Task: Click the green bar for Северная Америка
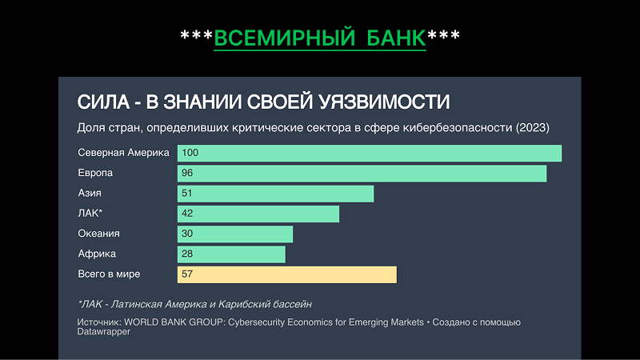pos(369,153)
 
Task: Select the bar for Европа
pos(362,173)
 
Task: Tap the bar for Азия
pos(275,194)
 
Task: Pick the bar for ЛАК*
pos(258,214)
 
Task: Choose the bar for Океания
pos(234,234)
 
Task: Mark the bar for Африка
pos(231,254)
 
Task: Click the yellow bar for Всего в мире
pos(286,274)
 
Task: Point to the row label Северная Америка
pos(123,153)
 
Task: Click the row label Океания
pos(98,234)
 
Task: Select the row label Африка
pos(97,254)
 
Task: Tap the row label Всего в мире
pos(109,274)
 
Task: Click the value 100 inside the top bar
pos(190,153)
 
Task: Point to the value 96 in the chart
pos(187,173)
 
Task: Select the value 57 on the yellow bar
pos(187,274)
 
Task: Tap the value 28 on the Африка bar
pos(187,254)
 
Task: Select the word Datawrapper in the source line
pos(104,331)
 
